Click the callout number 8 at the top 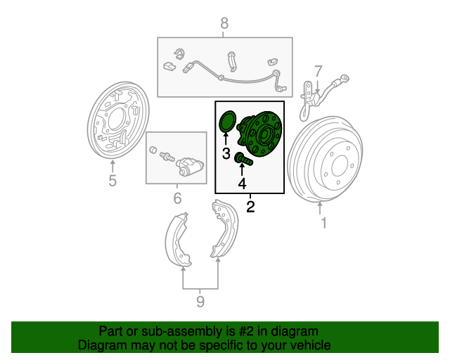(x=224, y=23)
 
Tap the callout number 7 (x=318, y=72)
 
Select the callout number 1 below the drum (x=323, y=223)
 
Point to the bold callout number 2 (x=250, y=207)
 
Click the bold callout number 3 (x=226, y=153)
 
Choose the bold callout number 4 (x=242, y=184)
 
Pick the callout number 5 (x=112, y=181)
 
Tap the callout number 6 (x=178, y=198)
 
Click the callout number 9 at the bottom (x=200, y=302)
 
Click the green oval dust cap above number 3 (x=227, y=122)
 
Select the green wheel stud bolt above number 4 (x=244, y=159)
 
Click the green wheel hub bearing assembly (x=259, y=134)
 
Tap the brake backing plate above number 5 (x=118, y=120)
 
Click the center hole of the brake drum (x=340, y=166)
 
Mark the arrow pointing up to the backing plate (x=112, y=167)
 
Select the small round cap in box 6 (x=153, y=150)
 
